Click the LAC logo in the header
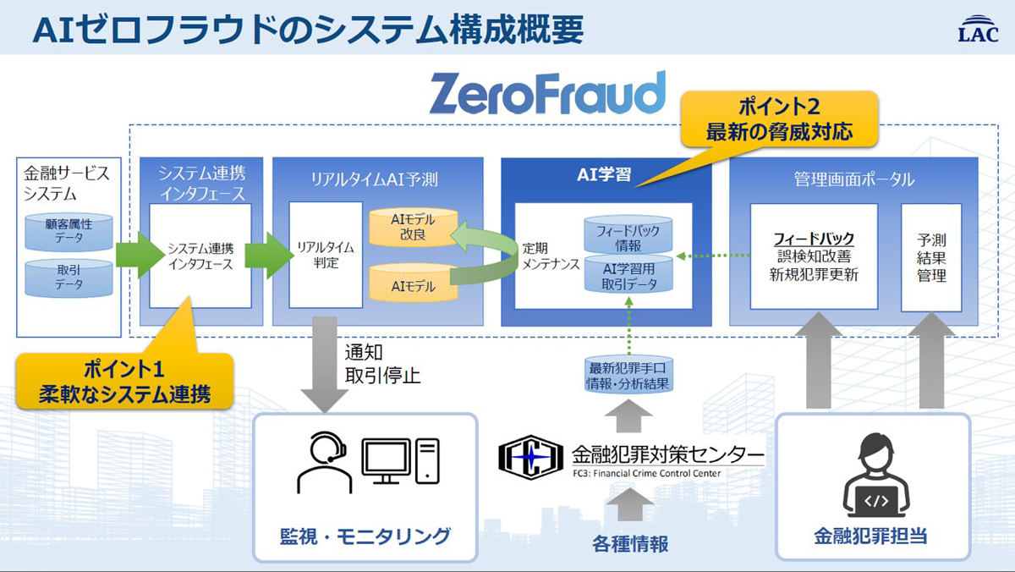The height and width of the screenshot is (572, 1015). pos(979,29)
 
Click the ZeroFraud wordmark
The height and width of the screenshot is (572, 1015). pos(548,93)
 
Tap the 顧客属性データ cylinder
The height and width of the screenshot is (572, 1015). pos(69,232)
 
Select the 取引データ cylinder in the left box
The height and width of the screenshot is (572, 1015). pos(69,278)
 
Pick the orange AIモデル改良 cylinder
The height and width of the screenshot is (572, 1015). pos(414,227)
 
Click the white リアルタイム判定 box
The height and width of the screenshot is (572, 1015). pos(326,255)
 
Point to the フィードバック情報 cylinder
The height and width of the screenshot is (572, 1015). pos(628,234)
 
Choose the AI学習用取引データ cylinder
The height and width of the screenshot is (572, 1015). pos(628,274)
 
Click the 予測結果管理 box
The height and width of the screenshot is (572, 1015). pos(931,257)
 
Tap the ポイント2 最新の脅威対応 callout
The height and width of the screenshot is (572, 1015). pos(779,119)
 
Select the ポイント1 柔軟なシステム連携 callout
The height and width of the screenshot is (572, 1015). pos(125,381)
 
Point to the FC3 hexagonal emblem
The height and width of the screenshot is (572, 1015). pos(530,457)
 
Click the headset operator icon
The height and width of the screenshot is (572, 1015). pos(325,463)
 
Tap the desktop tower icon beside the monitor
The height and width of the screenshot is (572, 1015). pos(427,461)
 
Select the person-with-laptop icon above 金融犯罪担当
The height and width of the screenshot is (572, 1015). pos(876,475)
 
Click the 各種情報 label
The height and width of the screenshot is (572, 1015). pos(630,543)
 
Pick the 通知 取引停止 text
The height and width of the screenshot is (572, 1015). pos(382,364)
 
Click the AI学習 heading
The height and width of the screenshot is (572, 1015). pos(604,174)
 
